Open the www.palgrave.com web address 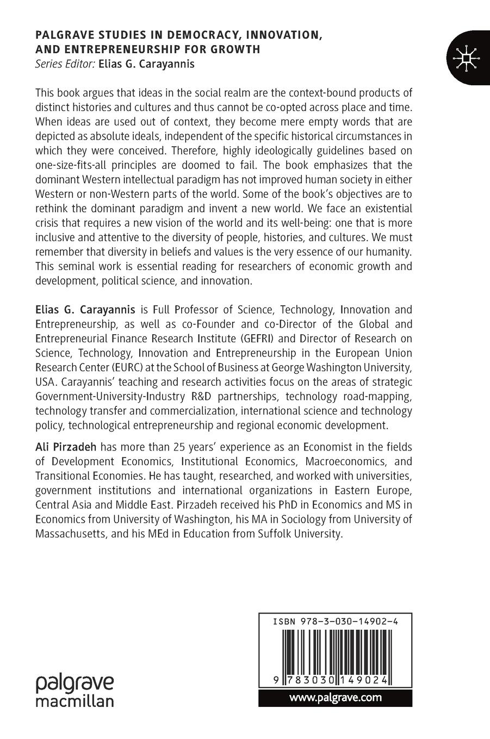(335, 698)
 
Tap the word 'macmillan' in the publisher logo (75, 700)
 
